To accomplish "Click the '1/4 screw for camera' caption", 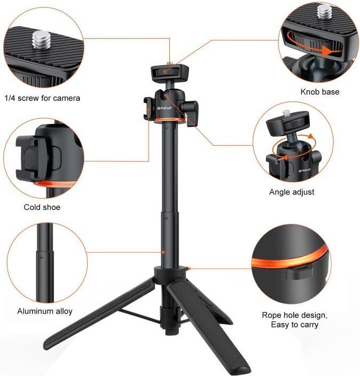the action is point(42,98).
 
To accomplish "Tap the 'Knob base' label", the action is point(320,92).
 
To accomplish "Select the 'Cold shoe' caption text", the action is point(42,207).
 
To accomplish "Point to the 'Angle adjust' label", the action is point(292,192).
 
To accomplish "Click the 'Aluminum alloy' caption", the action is point(45,311).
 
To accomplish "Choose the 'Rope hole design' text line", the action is point(294,315).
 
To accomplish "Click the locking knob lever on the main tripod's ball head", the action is point(191,113).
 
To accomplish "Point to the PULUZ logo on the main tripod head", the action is point(165,108).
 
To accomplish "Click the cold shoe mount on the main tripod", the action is point(147,108).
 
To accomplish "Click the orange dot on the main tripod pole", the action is point(163,252).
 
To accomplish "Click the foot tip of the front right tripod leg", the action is point(242,369).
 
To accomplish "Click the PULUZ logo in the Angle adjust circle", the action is point(304,171).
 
